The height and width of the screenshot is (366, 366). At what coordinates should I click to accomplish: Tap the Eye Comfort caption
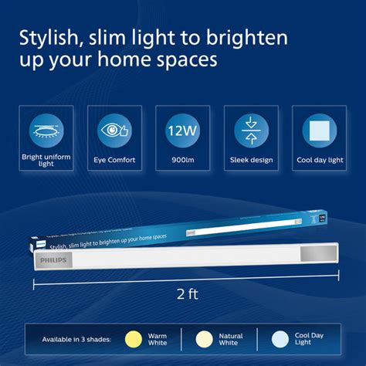[114, 161]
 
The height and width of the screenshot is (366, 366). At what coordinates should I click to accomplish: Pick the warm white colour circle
[132, 339]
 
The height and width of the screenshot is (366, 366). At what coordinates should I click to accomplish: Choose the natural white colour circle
[205, 339]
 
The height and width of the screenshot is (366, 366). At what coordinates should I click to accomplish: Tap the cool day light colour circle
[278, 339]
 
